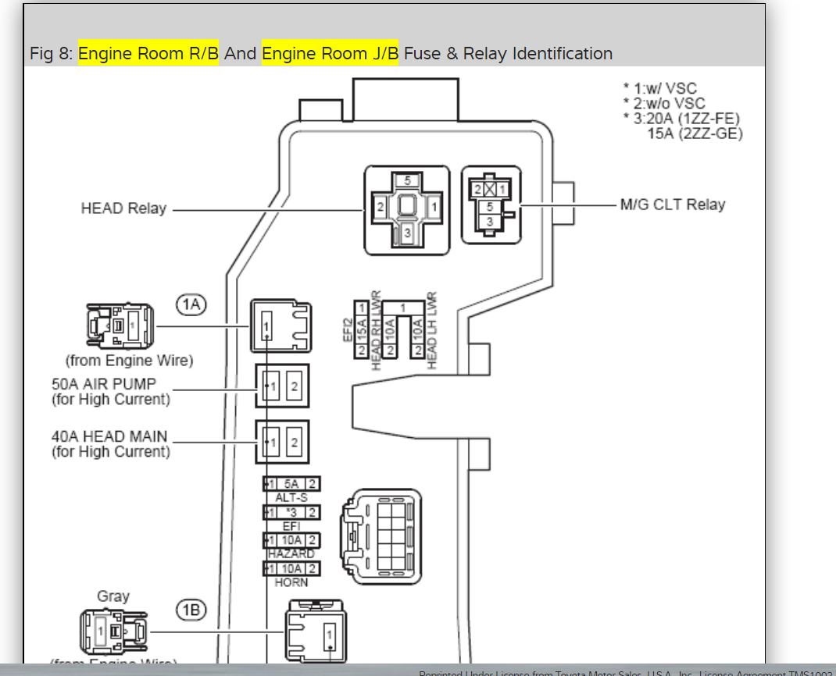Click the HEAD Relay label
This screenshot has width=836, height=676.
[123, 209]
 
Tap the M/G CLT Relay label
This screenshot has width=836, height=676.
[672, 205]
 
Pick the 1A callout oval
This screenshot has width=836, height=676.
[191, 304]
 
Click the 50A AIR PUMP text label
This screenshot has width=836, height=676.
[104, 384]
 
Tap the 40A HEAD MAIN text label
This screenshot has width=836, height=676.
[109, 436]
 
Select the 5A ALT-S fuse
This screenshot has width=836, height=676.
[291, 484]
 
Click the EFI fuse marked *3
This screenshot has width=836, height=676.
[291, 512]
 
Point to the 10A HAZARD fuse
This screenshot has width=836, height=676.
[291, 541]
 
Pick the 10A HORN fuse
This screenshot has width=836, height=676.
[291, 569]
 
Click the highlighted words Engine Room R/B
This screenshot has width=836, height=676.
[148, 54]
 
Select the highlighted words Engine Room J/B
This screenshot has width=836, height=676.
[330, 54]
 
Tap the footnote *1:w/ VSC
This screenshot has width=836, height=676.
[659, 89]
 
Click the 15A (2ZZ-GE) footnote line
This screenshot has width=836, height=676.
[695, 133]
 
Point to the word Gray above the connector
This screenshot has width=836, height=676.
[113, 596]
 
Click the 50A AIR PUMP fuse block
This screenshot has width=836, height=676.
[282, 386]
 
